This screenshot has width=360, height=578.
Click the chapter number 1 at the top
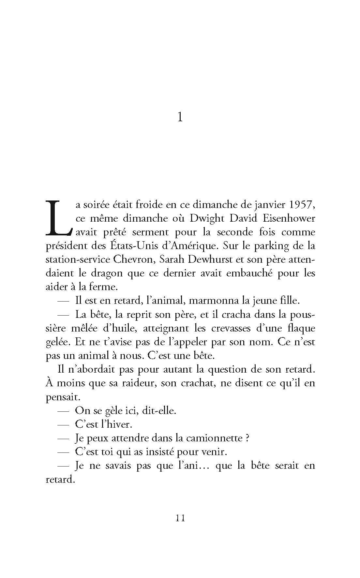tap(180, 117)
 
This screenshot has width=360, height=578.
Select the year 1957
tap(300, 205)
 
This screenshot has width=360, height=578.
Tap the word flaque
tap(300, 328)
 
